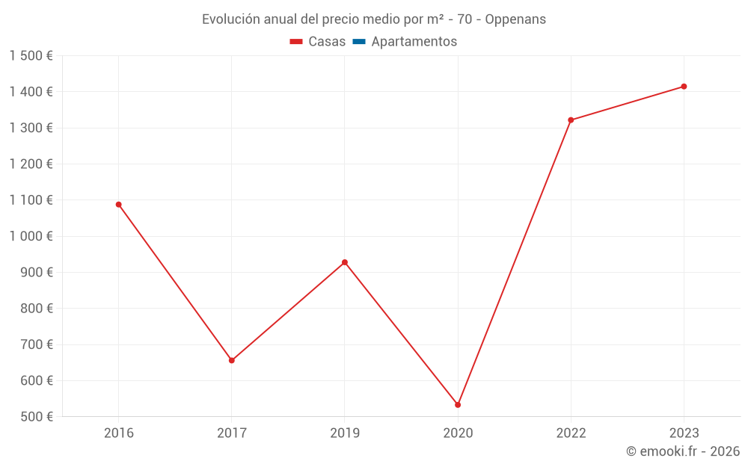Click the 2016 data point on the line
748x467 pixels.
(118, 205)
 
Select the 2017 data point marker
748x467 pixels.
(232, 360)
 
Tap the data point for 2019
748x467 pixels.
(345, 262)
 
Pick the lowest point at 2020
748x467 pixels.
(458, 405)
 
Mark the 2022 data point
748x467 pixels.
(571, 120)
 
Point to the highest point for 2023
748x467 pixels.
(684, 87)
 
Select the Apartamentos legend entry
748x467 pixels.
(414, 42)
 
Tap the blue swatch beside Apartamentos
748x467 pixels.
(358, 42)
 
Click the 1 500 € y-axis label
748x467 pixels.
(31, 56)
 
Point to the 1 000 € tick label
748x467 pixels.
(31, 236)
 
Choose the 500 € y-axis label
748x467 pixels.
(35, 417)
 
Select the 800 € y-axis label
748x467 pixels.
(35, 309)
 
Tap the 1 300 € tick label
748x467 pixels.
(31, 128)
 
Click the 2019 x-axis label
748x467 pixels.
(345, 433)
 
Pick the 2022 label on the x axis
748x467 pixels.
(571, 433)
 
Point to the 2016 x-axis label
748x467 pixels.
(118, 433)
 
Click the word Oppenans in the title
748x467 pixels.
(515, 19)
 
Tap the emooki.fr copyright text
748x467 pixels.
(683, 451)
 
